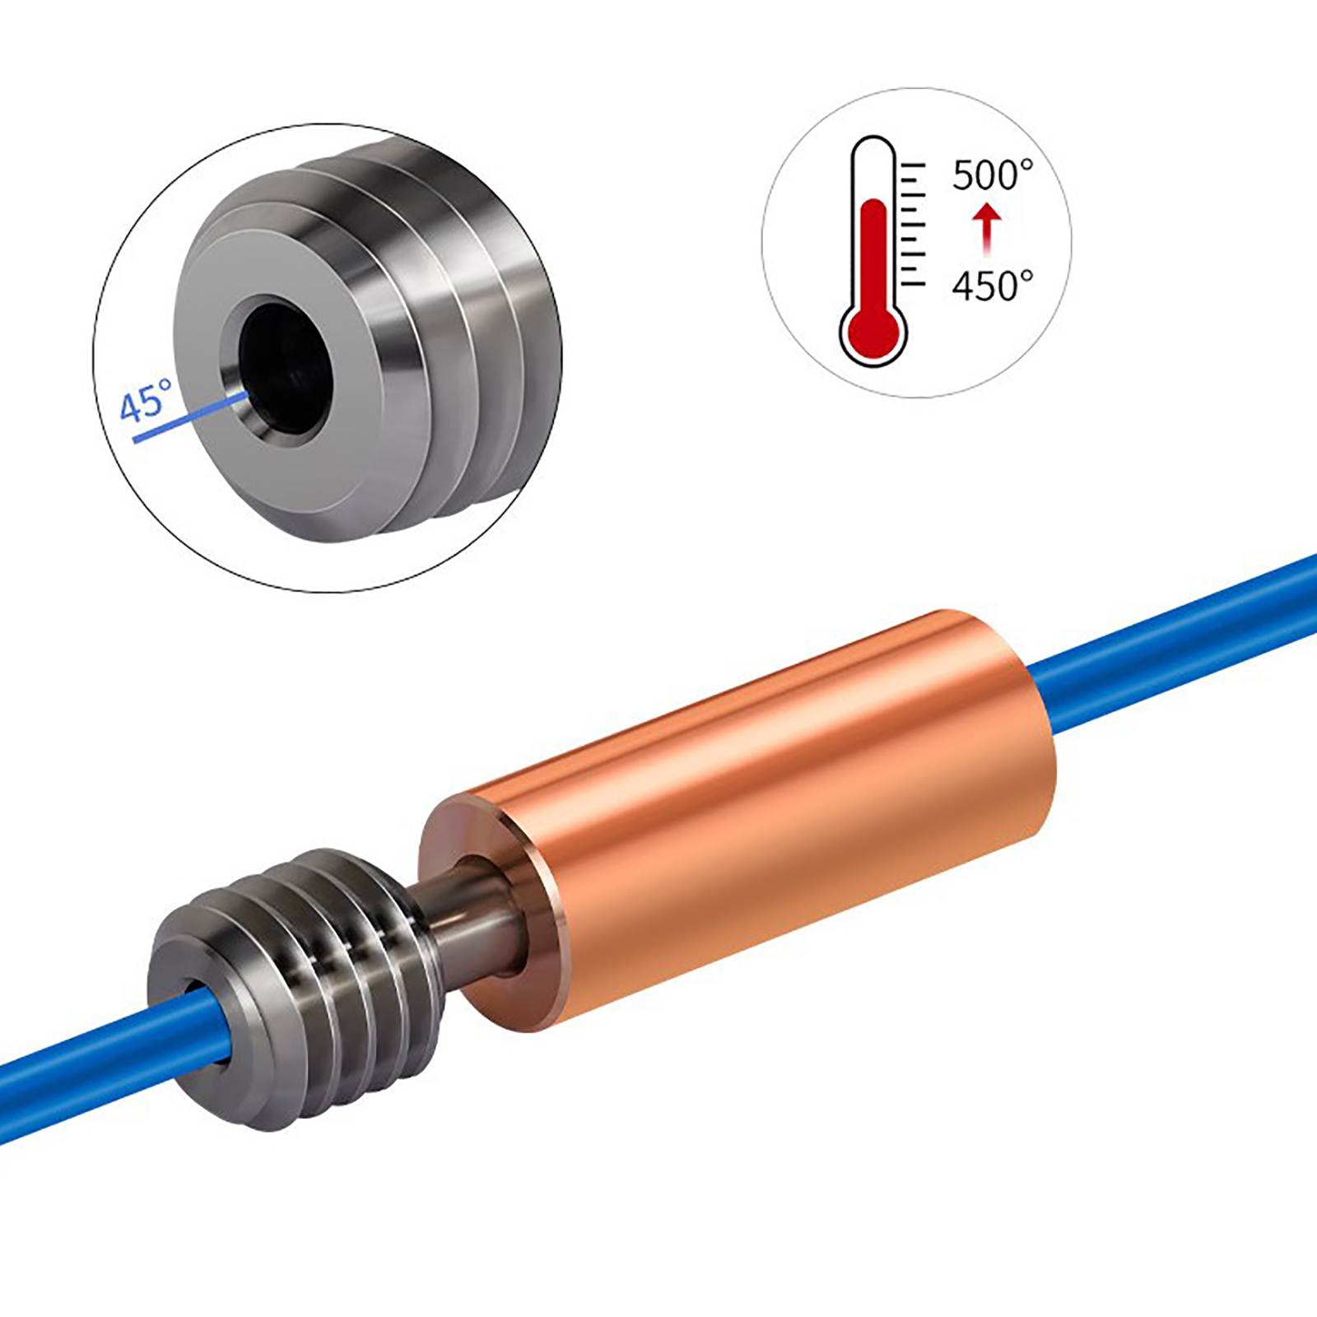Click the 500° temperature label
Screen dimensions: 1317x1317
[x=993, y=175]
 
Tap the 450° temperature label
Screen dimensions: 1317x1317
[x=993, y=286]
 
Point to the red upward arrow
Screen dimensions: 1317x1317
[x=987, y=230]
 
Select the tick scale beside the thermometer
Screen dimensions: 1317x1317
[x=913, y=224]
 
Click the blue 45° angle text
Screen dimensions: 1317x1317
[x=146, y=401]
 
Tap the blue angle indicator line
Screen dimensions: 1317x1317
[x=191, y=417]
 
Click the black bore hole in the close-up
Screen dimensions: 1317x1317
[x=284, y=365]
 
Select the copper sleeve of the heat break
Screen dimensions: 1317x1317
[x=738, y=820]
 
